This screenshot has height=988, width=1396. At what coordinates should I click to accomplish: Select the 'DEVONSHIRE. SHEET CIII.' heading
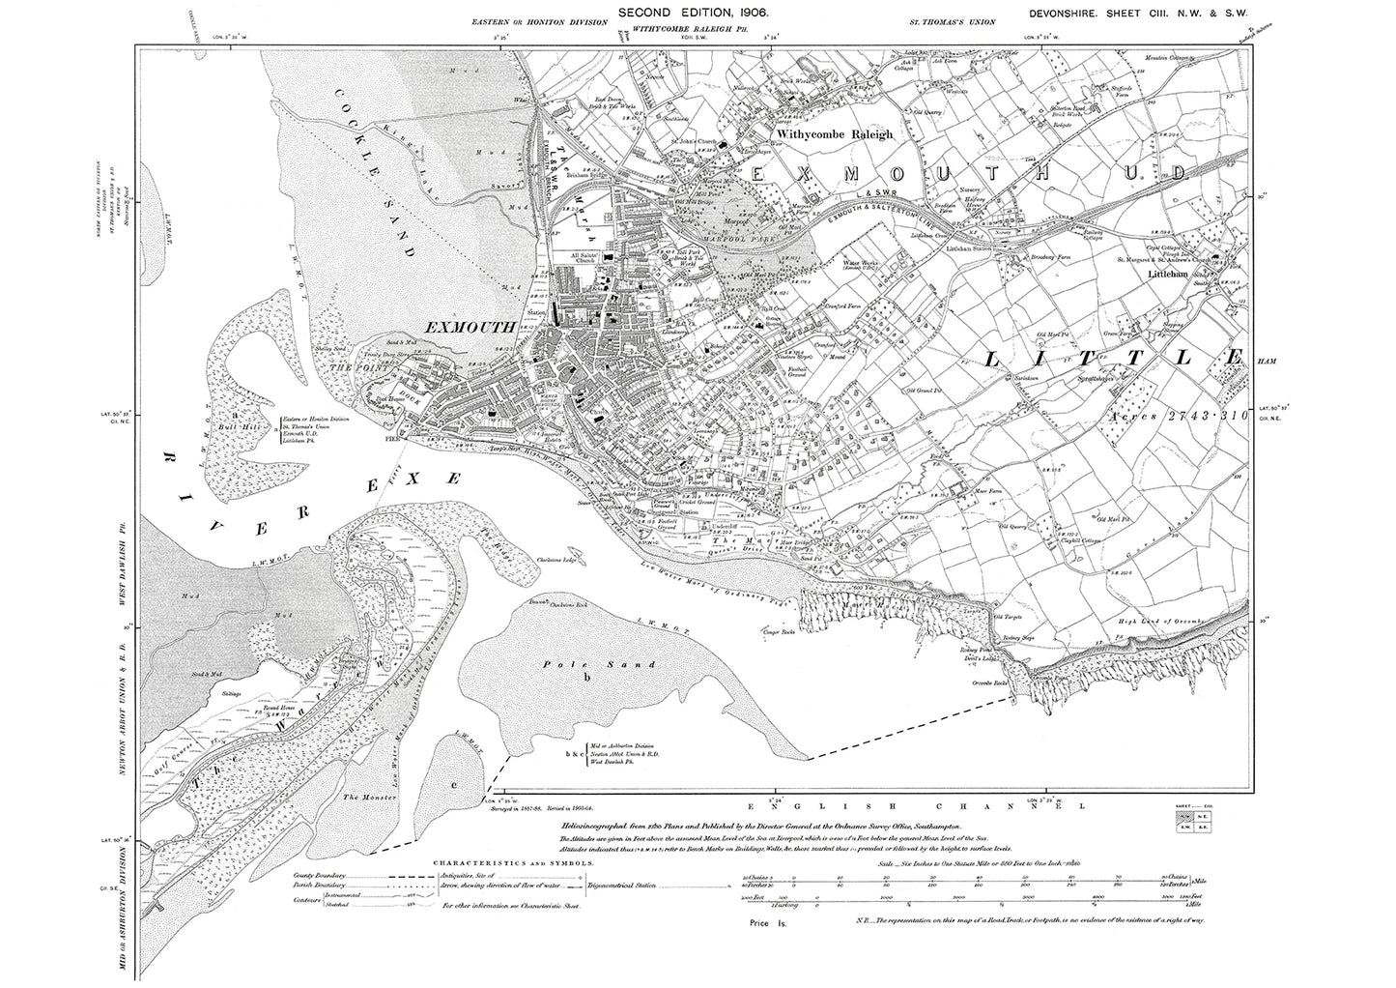[1115, 12]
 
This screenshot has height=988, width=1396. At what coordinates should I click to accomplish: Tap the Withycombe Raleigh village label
[835, 135]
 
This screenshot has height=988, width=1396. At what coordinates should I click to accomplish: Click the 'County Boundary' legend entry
[317, 876]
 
